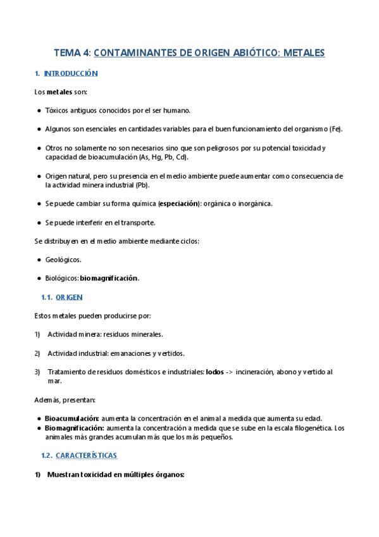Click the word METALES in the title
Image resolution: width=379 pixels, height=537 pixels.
point(302,53)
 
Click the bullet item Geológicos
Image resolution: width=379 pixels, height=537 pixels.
point(63,260)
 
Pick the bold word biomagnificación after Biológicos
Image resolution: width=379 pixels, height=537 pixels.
point(109,278)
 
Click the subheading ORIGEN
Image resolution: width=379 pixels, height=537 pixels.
point(69,297)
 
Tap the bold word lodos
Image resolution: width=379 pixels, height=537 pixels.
point(215,372)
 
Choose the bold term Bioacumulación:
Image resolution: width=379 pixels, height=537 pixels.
point(71,419)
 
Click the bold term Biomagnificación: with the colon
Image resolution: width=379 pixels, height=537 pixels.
point(75,427)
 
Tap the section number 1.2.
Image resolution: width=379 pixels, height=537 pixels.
point(46,455)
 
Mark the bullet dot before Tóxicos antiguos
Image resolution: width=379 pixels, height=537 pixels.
point(40,110)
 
